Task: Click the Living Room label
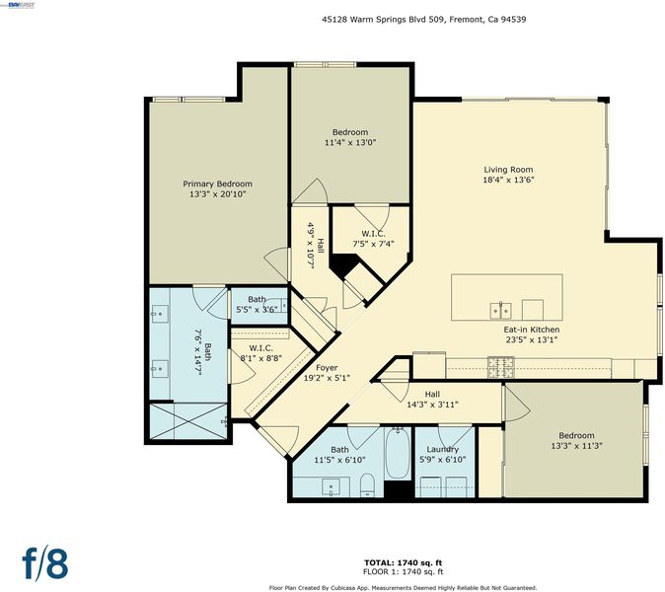pos(508,170)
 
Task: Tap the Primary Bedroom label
pos(218,185)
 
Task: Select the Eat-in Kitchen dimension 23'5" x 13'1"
pos(532,339)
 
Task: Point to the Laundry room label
pos(442,450)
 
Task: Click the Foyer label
pos(327,368)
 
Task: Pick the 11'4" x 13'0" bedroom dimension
pos(350,142)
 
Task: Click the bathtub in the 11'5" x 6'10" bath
pos(398,453)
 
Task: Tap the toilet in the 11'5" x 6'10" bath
pos(367,485)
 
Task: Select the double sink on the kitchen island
pos(501,311)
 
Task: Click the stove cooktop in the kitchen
pos(501,367)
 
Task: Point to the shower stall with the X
pos(189,421)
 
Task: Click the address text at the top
pos(423,19)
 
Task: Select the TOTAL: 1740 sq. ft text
pos(403,563)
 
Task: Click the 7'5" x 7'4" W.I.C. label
pos(373,234)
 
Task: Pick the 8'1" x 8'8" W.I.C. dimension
pos(261,358)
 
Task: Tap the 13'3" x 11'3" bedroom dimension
pos(577,446)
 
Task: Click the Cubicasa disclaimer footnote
pos(403,588)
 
